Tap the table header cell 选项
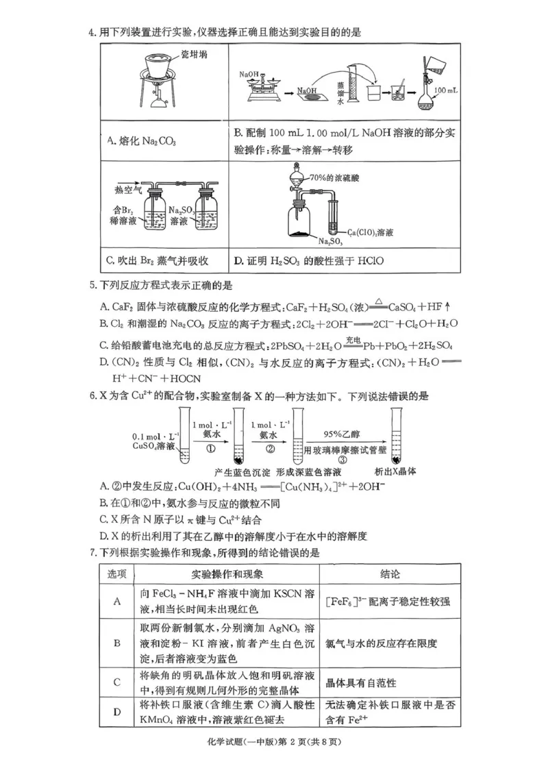117,574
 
